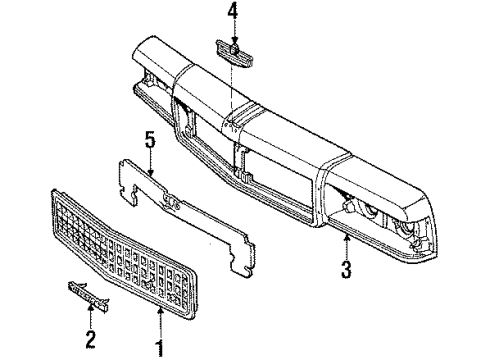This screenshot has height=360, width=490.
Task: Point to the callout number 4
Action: [232, 13]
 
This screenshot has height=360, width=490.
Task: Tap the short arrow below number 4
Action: [232, 33]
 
